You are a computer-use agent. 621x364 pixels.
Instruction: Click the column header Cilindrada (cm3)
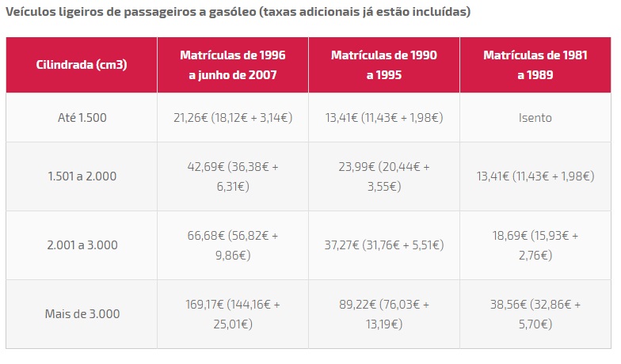[x=82, y=65]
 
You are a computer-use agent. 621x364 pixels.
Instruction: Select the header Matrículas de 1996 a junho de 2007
[x=232, y=65]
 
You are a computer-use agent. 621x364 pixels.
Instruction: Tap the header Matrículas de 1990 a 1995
[x=383, y=65]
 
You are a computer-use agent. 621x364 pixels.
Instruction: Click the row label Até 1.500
[x=82, y=118]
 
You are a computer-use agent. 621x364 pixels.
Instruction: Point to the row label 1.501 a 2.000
[x=82, y=176]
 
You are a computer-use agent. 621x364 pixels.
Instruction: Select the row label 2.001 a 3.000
[x=82, y=245]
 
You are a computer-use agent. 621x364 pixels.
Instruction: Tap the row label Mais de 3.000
[x=82, y=313]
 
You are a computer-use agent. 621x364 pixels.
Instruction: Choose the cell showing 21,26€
[x=232, y=118]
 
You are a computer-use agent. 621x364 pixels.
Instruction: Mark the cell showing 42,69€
[x=232, y=176]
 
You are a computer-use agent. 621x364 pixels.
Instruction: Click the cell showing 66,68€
[x=232, y=245]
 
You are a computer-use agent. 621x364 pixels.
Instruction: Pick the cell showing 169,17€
[x=232, y=313]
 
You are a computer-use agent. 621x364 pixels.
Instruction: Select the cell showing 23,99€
[x=383, y=176]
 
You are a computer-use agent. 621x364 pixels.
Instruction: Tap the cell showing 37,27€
[x=383, y=245]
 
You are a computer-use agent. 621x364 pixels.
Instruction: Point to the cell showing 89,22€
[x=383, y=313]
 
